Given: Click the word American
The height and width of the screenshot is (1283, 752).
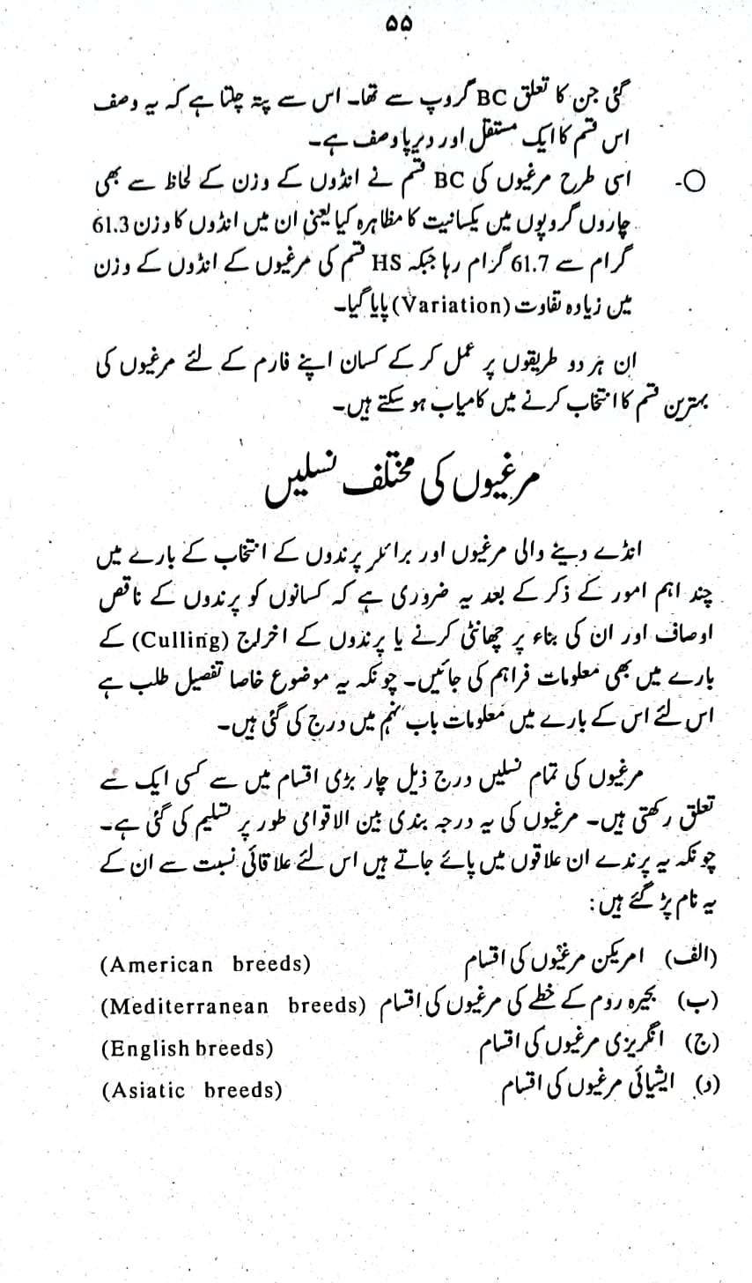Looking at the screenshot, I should (157, 964).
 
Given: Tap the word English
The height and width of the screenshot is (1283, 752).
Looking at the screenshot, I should (145, 1049).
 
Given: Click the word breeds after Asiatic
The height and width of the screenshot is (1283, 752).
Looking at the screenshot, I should (243, 1091).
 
